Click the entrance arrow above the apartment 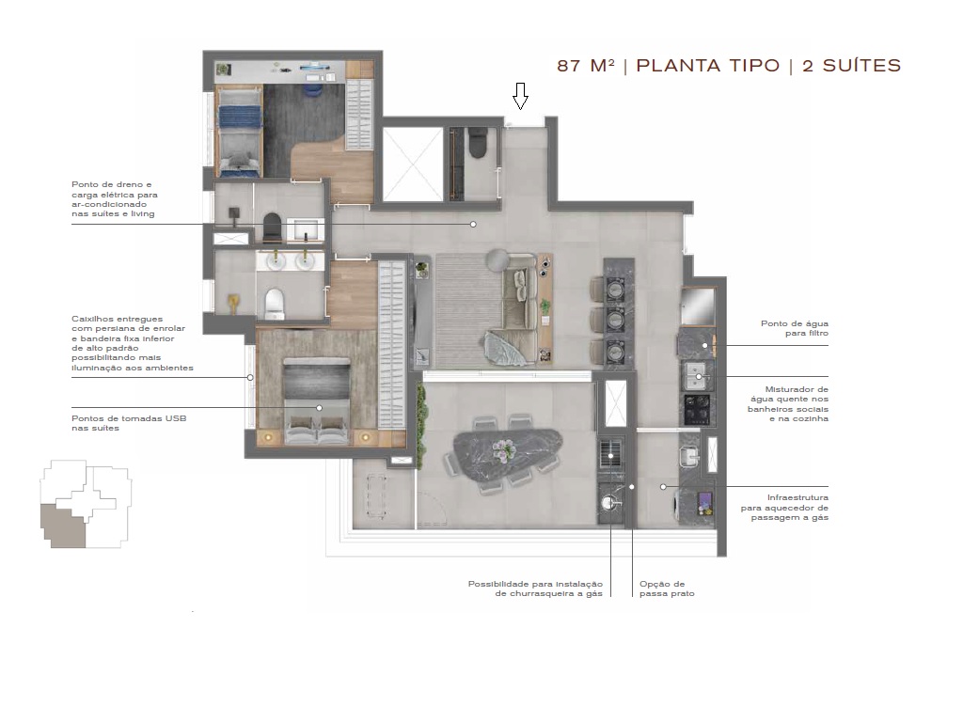click(x=520, y=96)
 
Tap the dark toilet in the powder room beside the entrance click(x=476, y=144)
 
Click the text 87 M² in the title click(x=585, y=66)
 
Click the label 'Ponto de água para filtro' click(x=794, y=328)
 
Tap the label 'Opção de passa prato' click(x=667, y=589)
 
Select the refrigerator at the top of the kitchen click(x=697, y=306)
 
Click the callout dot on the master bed click(x=320, y=408)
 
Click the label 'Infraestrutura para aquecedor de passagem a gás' click(x=784, y=508)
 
